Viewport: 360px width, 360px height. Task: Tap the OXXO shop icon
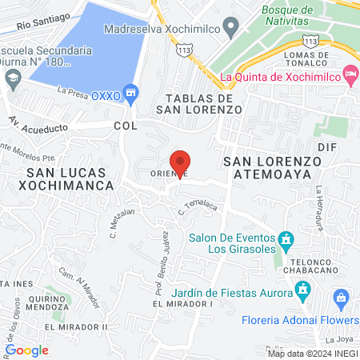pos(133,92)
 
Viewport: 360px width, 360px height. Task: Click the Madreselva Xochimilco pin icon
pos(230,29)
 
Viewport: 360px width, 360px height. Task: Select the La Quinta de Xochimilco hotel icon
pos(350,74)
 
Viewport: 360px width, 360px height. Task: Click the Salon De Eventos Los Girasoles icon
pos(286,240)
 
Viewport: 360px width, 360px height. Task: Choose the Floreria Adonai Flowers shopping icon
pos(341,301)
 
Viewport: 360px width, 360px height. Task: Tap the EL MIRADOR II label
pos(76,327)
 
